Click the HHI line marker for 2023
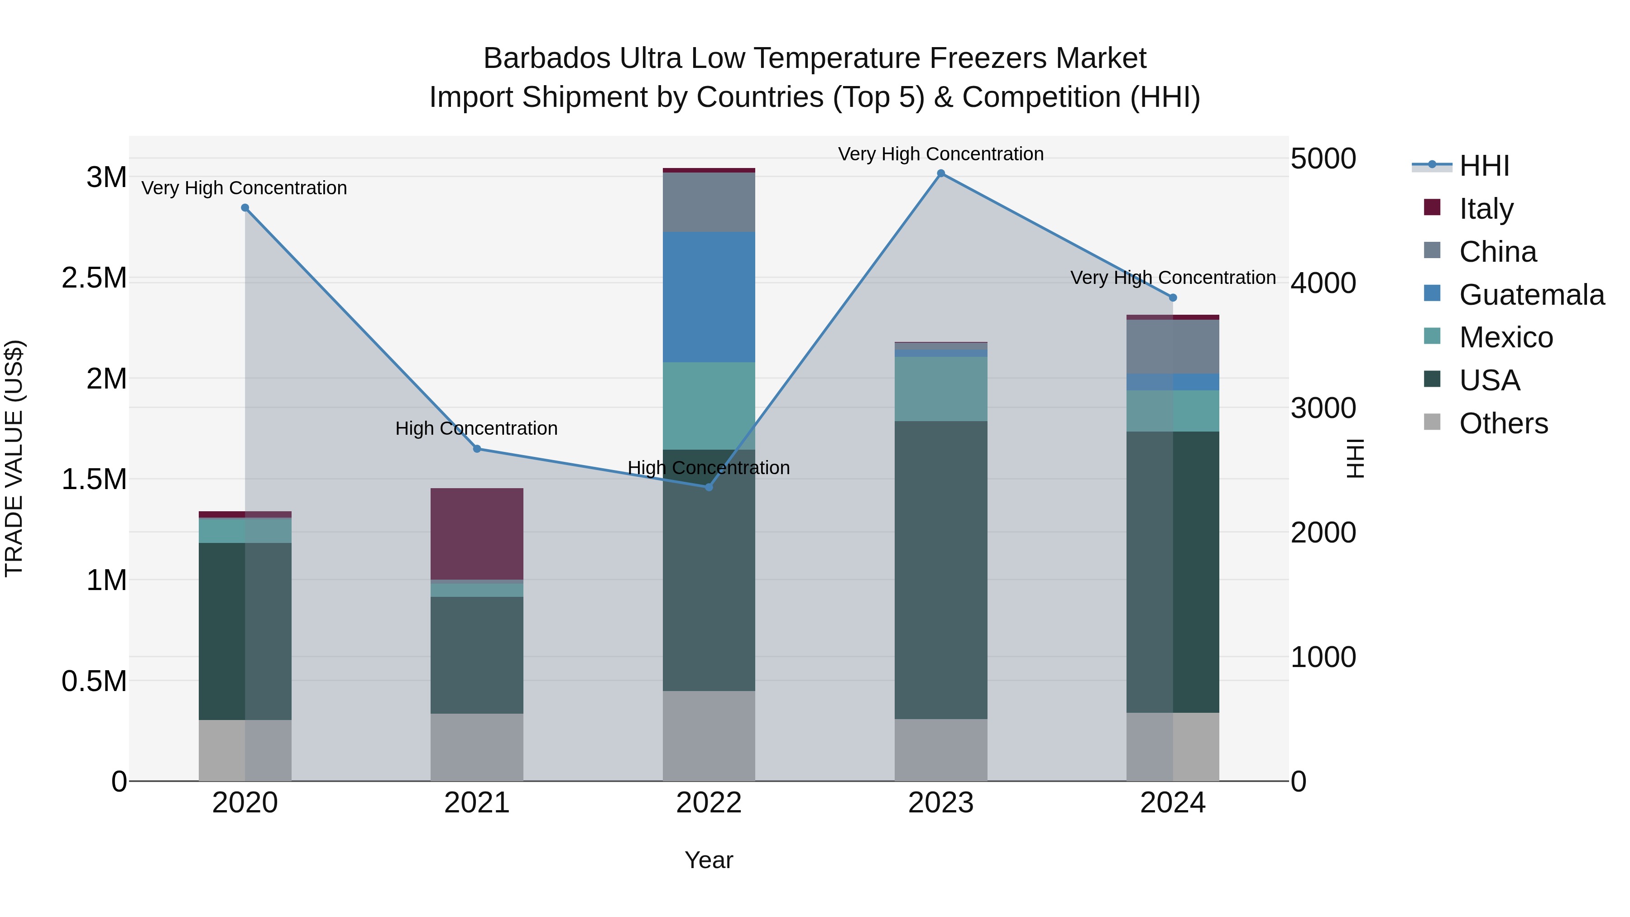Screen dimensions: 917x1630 click(940, 173)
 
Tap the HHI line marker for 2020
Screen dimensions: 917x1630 click(245, 207)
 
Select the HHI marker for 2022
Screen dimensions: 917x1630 click(709, 487)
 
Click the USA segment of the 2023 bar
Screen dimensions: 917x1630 click(940, 570)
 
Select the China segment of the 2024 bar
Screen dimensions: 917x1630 click(1173, 347)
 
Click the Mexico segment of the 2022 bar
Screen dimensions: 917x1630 click(709, 406)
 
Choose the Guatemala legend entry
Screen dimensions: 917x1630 click(1531, 295)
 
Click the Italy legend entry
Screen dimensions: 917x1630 click(1486, 209)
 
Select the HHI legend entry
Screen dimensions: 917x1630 click(1484, 166)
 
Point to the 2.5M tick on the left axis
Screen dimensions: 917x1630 click(94, 278)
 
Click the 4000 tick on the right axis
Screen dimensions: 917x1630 click(1323, 283)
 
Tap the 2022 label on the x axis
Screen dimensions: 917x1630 click(709, 803)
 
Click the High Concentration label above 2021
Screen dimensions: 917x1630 click(476, 428)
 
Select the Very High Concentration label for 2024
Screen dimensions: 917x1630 click(1173, 278)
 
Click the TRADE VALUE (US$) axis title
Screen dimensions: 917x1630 click(14, 458)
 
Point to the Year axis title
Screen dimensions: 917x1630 click(709, 860)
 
